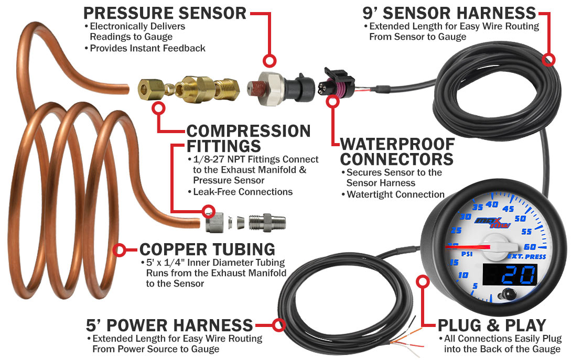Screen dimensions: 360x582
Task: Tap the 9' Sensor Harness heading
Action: coord(449,13)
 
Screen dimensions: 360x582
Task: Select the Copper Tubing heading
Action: coord(207,249)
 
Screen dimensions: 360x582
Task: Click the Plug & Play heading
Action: coord(492,325)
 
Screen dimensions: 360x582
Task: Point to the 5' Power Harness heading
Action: coord(170,325)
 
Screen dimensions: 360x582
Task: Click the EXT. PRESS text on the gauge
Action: coord(527,257)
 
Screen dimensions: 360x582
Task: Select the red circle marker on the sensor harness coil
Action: coord(548,59)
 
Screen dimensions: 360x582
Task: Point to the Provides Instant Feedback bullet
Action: coord(147,48)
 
